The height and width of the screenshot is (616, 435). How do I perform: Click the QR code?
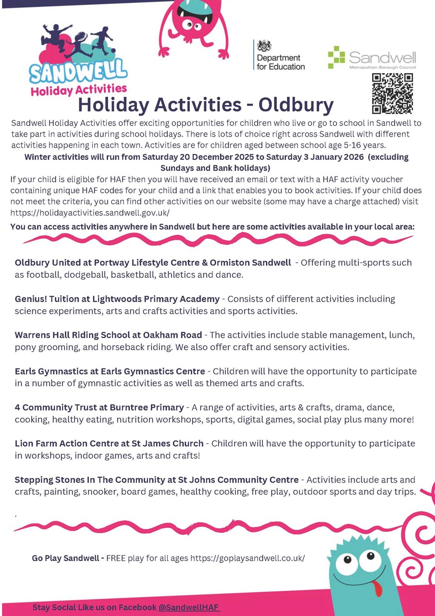pyautogui.click(x=392, y=93)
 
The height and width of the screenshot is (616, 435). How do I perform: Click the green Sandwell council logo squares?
pyautogui.click(x=336, y=57)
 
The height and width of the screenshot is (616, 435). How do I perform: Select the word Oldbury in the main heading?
pyautogui.click(x=296, y=104)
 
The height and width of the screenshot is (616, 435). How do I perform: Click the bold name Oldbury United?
pyautogui.click(x=46, y=263)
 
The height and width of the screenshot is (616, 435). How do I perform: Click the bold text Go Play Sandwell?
pyautogui.click(x=67, y=558)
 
